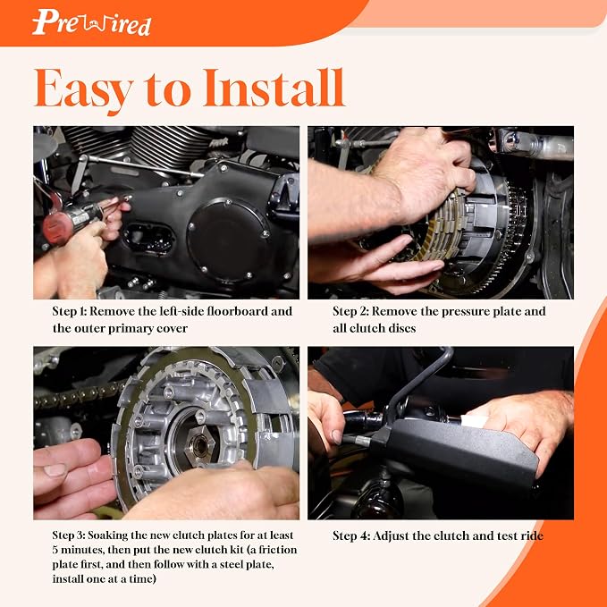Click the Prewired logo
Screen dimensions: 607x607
(91, 22)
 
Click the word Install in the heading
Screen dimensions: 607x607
(274, 88)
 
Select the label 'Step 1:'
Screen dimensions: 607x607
(70, 311)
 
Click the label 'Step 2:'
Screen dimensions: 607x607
(350, 311)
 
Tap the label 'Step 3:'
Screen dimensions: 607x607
(69, 535)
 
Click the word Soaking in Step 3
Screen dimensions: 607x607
(107, 536)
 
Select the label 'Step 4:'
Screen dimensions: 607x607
(351, 535)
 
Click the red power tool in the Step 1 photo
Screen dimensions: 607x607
(72, 223)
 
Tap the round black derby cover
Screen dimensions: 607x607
(228, 240)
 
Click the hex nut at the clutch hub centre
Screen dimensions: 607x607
(199, 445)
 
